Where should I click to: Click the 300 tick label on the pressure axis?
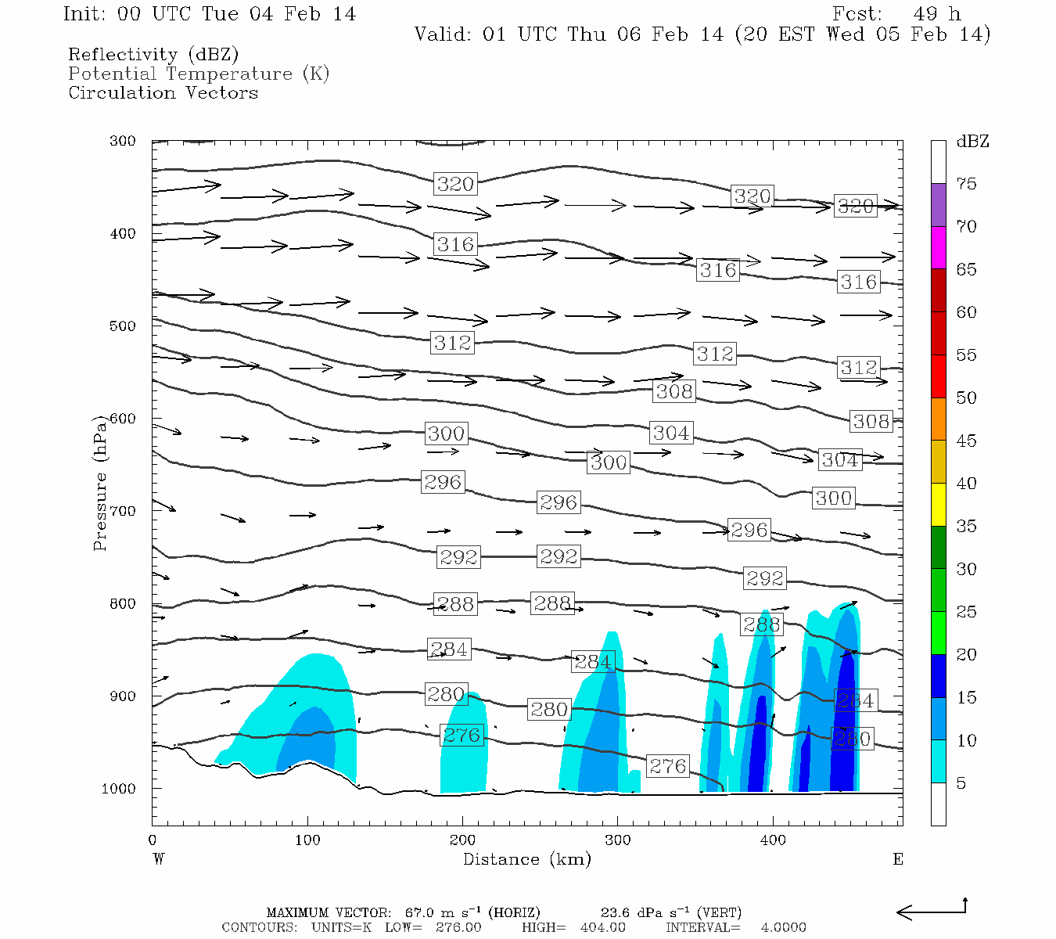click(x=123, y=142)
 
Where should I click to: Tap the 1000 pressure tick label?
click(x=119, y=789)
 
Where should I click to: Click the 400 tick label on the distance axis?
click(x=773, y=840)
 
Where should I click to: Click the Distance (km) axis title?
click(x=526, y=859)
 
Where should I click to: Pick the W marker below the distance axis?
click(x=158, y=859)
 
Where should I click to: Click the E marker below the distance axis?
click(x=897, y=859)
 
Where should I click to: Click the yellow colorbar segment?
click(x=938, y=505)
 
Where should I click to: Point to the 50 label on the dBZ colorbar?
click(x=966, y=398)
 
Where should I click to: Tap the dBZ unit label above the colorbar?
click(x=972, y=142)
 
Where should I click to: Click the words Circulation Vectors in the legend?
click(x=163, y=92)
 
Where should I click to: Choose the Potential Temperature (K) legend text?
click(x=199, y=74)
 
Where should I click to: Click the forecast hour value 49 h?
click(x=936, y=14)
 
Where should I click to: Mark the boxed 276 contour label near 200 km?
click(x=462, y=736)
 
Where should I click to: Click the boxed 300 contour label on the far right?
click(x=833, y=498)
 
